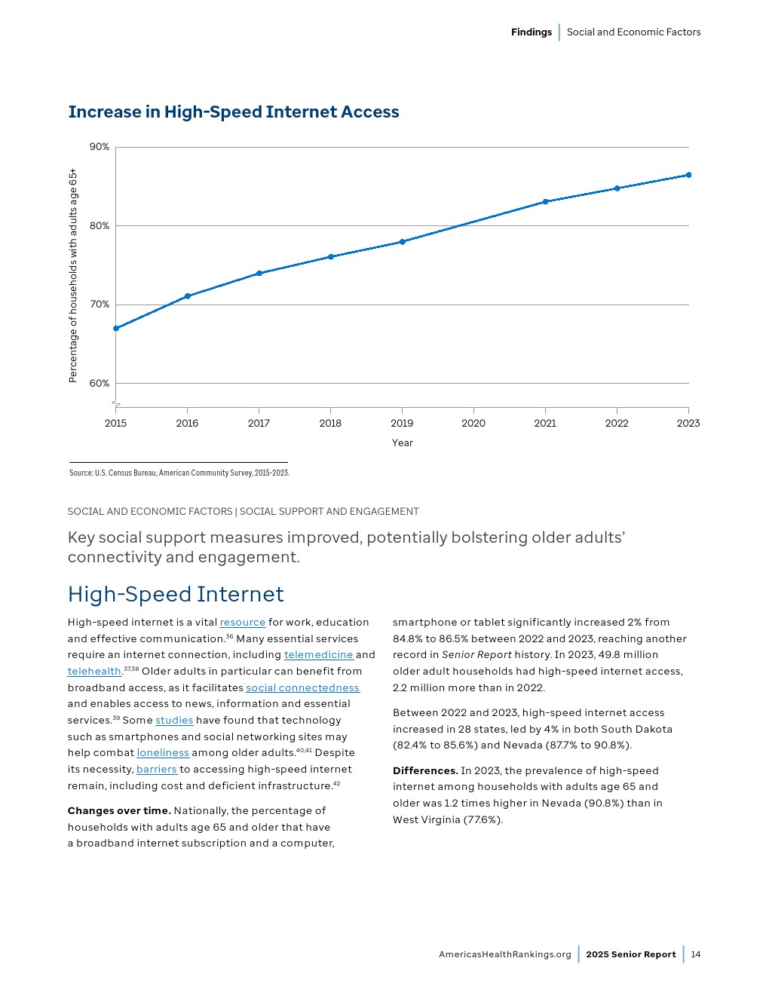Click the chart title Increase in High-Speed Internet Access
pyautogui.click(x=234, y=112)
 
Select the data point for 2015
pyautogui.click(x=116, y=329)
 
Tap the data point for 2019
pyautogui.click(x=403, y=242)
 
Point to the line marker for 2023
pyautogui.click(x=688, y=175)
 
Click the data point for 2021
pyautogui.click(x=545, y=202)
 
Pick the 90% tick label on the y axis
pyautogui.click(x=100, y=147)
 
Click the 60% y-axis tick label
pyautogui.click(x=100, y=384)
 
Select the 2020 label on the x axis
pyautogui.click(x=473, y=424)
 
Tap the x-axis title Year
pyautogui.click(x=403, y=443)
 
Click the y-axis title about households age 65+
pyautogui.click(x=73, y=275)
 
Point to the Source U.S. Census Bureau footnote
pyautogui.click(x=179, y=473)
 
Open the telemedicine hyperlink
pyautogui.click(x=318, y=655)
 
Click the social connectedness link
pyautogui.click(x=302, y=688)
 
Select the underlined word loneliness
pyautogui.click(x=163, y=753)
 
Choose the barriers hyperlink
pyautogui.click(x=156, y=770)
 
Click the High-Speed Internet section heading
pyautogui.click(x=176, y=595)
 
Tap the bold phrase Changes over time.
pyautogui.click(x=119, y=811)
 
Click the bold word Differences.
pyautogui.click(x=425, y=771)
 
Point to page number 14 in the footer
pyautogui.click(x=696, y=954)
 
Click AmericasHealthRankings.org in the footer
pyautogui.click(x=505, y=954)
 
